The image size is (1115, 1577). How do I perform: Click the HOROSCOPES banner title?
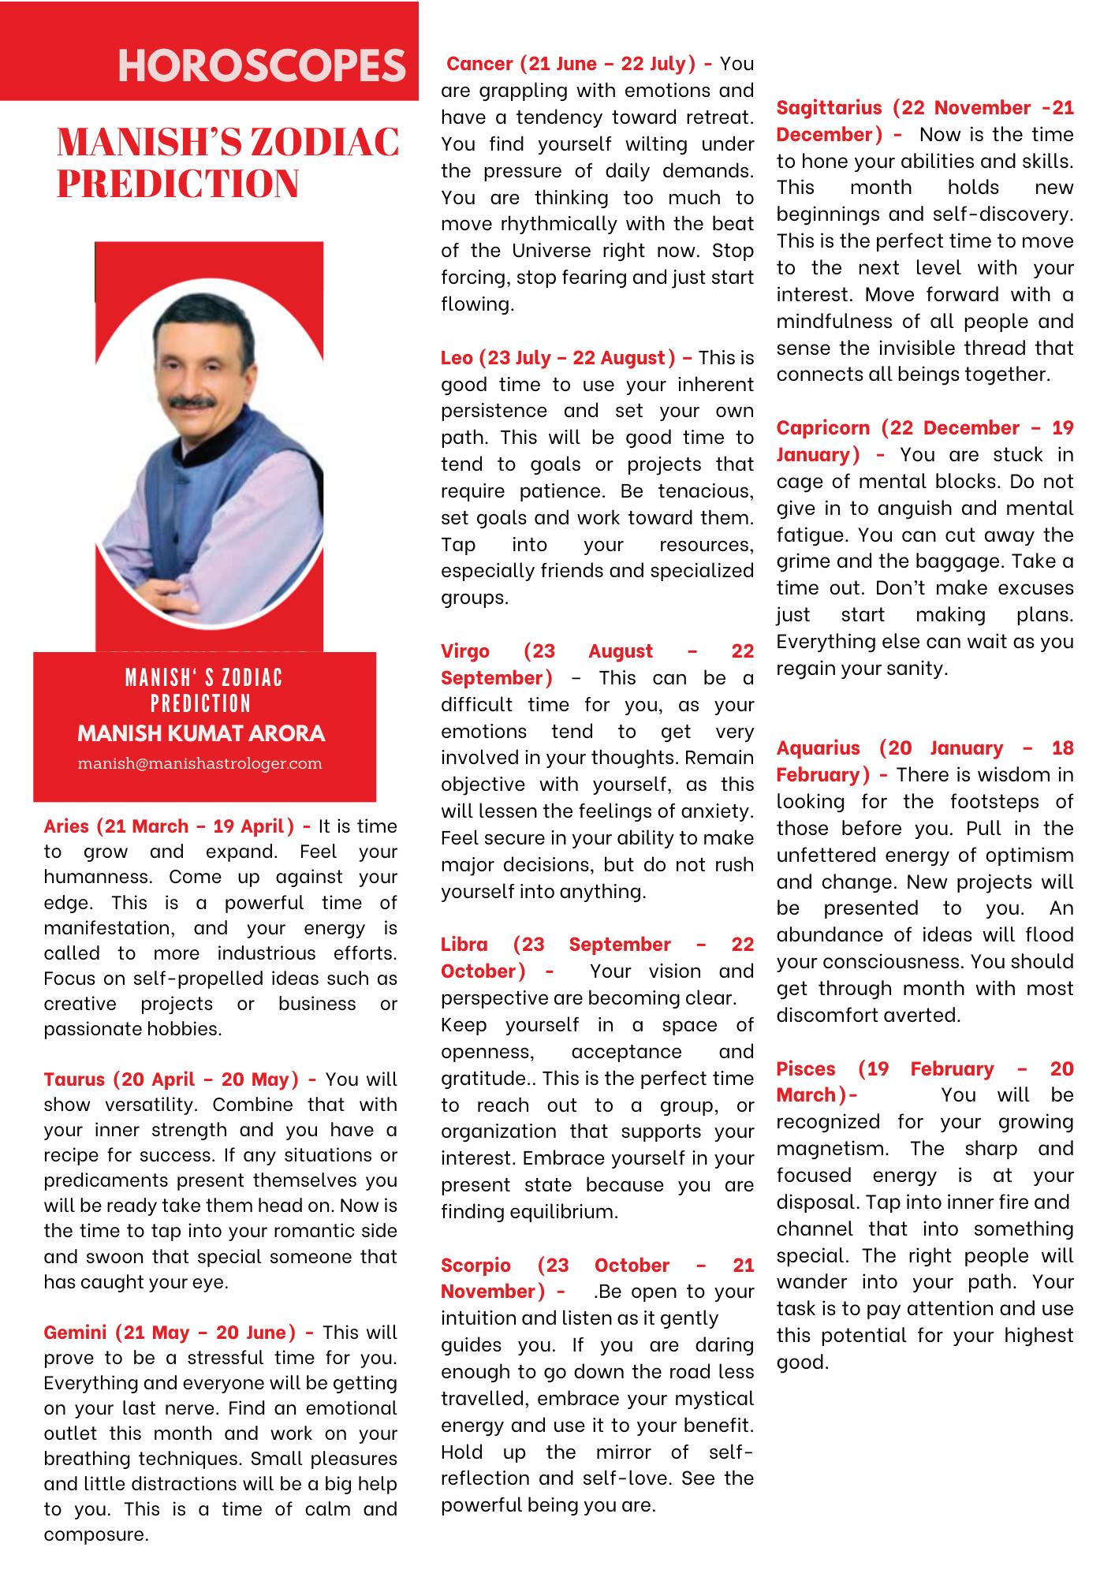(261, 65)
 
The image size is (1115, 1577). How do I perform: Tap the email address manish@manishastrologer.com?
(200, 763)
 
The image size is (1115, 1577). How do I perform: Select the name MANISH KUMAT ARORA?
(201, 733)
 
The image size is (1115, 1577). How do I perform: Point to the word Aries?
(67, 826)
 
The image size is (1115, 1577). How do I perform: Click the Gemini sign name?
(75, 1333)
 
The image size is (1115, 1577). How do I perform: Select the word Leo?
(457, 357)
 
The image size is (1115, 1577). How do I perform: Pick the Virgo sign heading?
(465, 651)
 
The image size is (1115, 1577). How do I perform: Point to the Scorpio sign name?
(475, 1265)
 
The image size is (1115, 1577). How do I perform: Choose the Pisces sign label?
(807, 1068)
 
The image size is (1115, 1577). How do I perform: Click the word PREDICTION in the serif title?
(177, 184)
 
